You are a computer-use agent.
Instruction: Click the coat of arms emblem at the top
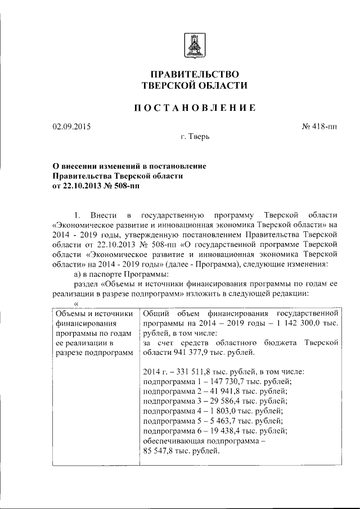pyautogui.click(x=195, y=44)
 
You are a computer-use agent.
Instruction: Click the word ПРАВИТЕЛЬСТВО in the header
pyautogui.click(x=195, y=74)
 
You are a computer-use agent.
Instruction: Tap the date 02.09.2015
pyautogui.click(x=71, y=127)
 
